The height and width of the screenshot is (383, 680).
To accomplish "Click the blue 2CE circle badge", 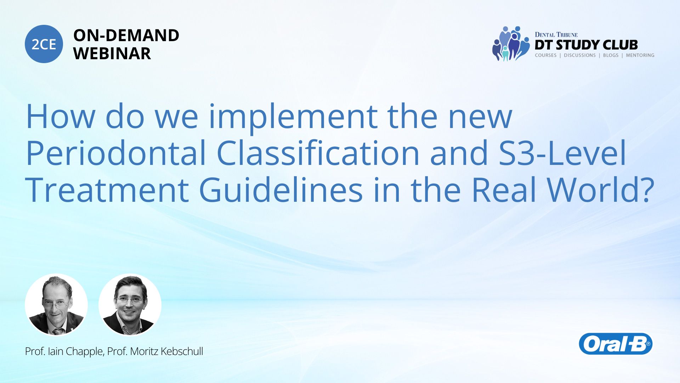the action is point(44,44).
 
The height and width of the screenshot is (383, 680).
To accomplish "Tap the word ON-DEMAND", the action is point(126,35).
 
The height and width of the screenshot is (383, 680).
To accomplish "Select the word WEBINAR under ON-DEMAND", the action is point(112,54).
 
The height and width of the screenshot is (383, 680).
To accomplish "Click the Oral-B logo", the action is point(616,344).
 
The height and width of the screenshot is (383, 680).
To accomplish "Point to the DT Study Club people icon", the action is point(511,44).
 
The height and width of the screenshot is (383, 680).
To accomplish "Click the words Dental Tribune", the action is point(556,35).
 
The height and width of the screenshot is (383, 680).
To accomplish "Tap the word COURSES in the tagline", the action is point(545,55).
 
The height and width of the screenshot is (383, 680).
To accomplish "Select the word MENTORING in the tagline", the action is point(640,55).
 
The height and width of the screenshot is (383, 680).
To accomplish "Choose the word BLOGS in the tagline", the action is point(611,55).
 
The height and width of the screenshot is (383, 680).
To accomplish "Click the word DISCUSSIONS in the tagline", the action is point(580,55).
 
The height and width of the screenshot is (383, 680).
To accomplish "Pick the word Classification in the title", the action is point(318,153).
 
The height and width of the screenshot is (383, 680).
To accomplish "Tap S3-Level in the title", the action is point(562,152).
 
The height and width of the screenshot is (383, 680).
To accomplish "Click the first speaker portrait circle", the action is point(56,305).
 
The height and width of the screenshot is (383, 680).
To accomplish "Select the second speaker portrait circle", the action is point(130,305).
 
